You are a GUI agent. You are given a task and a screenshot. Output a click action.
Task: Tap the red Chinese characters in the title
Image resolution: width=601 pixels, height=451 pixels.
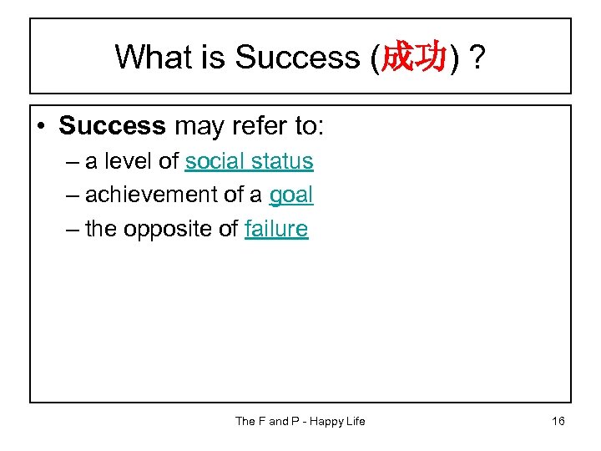click(412, 57)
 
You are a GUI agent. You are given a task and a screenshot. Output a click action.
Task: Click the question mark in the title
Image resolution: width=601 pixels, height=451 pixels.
click(478, 57)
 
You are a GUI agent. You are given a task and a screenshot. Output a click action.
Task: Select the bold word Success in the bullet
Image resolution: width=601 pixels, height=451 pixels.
click(112, 126)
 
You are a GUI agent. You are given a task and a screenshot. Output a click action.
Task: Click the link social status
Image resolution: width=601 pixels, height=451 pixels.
click(249, 161)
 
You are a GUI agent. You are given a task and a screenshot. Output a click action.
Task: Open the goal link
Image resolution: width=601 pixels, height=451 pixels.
click(290, 195)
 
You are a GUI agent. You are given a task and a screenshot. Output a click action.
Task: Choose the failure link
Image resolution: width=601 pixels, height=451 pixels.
click(276, 229)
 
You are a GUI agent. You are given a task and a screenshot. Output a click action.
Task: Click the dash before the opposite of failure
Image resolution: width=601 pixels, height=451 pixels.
click(68, 229)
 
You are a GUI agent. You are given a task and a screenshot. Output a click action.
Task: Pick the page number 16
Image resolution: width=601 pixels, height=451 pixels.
click(558, 421)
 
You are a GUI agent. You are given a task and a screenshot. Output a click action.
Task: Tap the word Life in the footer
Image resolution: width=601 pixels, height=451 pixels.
click(356, 421)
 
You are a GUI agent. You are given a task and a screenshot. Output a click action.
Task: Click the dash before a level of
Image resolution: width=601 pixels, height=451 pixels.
click(68, 161)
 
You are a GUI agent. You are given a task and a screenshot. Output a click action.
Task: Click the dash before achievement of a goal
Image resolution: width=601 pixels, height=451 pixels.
click(68, 195)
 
